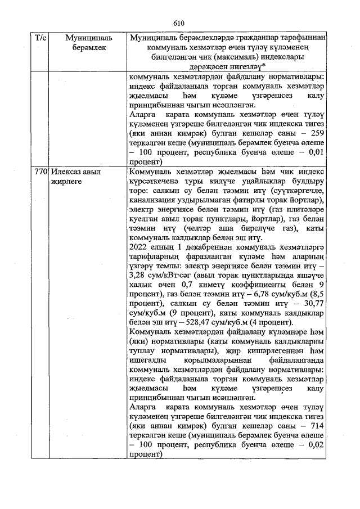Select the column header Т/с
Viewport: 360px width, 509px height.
click(40, 38)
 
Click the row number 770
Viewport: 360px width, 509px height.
click(40, 172)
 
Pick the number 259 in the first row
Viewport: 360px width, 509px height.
click(317, 133)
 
